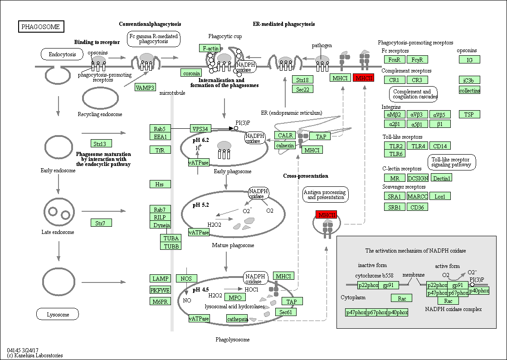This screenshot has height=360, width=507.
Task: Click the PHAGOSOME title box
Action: tap(41, 27)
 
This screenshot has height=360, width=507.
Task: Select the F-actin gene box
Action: tap(210, 48)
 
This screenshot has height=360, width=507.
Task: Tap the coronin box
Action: tap(191, 73)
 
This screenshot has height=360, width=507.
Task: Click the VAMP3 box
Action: tap(145, 88)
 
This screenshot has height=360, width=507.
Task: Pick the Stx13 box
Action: tap(101, 144)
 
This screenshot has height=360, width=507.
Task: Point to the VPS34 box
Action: tap(200, 129)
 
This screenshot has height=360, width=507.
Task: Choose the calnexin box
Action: tap(285, 145)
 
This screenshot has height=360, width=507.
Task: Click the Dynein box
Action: tap(161, 225)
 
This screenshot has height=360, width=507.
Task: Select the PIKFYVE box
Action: tap(161, 290)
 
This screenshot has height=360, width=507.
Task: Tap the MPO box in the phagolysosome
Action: tap(235, 297)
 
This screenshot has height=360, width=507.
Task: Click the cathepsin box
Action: tap(238, 319)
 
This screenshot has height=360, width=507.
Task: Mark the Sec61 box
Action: tap(285, 312)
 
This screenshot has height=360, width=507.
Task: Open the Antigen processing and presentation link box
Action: tap(326, 195)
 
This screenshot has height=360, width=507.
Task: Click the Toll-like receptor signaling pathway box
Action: tap(452, 162)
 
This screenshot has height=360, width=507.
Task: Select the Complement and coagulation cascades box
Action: tap(413, 94)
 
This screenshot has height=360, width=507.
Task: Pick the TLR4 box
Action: tap(416, 146)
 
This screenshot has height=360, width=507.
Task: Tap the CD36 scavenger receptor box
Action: tap(417, 207)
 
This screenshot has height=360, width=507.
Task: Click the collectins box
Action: tap(469, 90)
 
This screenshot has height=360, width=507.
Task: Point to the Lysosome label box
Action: tap(58, 314)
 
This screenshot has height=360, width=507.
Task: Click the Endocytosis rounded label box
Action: tap(62, 55)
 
